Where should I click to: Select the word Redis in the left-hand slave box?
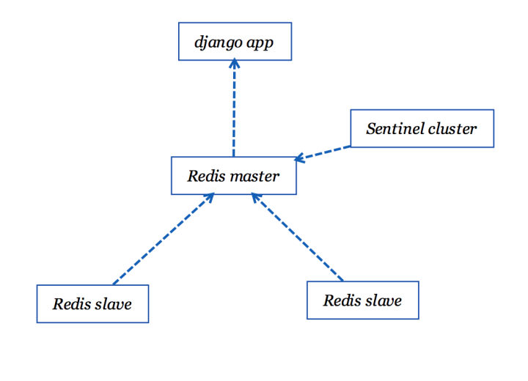[x=70, y=303]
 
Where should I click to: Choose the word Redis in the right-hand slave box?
[x=341, y=300]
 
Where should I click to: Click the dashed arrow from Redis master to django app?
[x=234, y=110]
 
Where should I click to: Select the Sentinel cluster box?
[x=422, y=129]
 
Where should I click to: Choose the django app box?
[x=235, y=42]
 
